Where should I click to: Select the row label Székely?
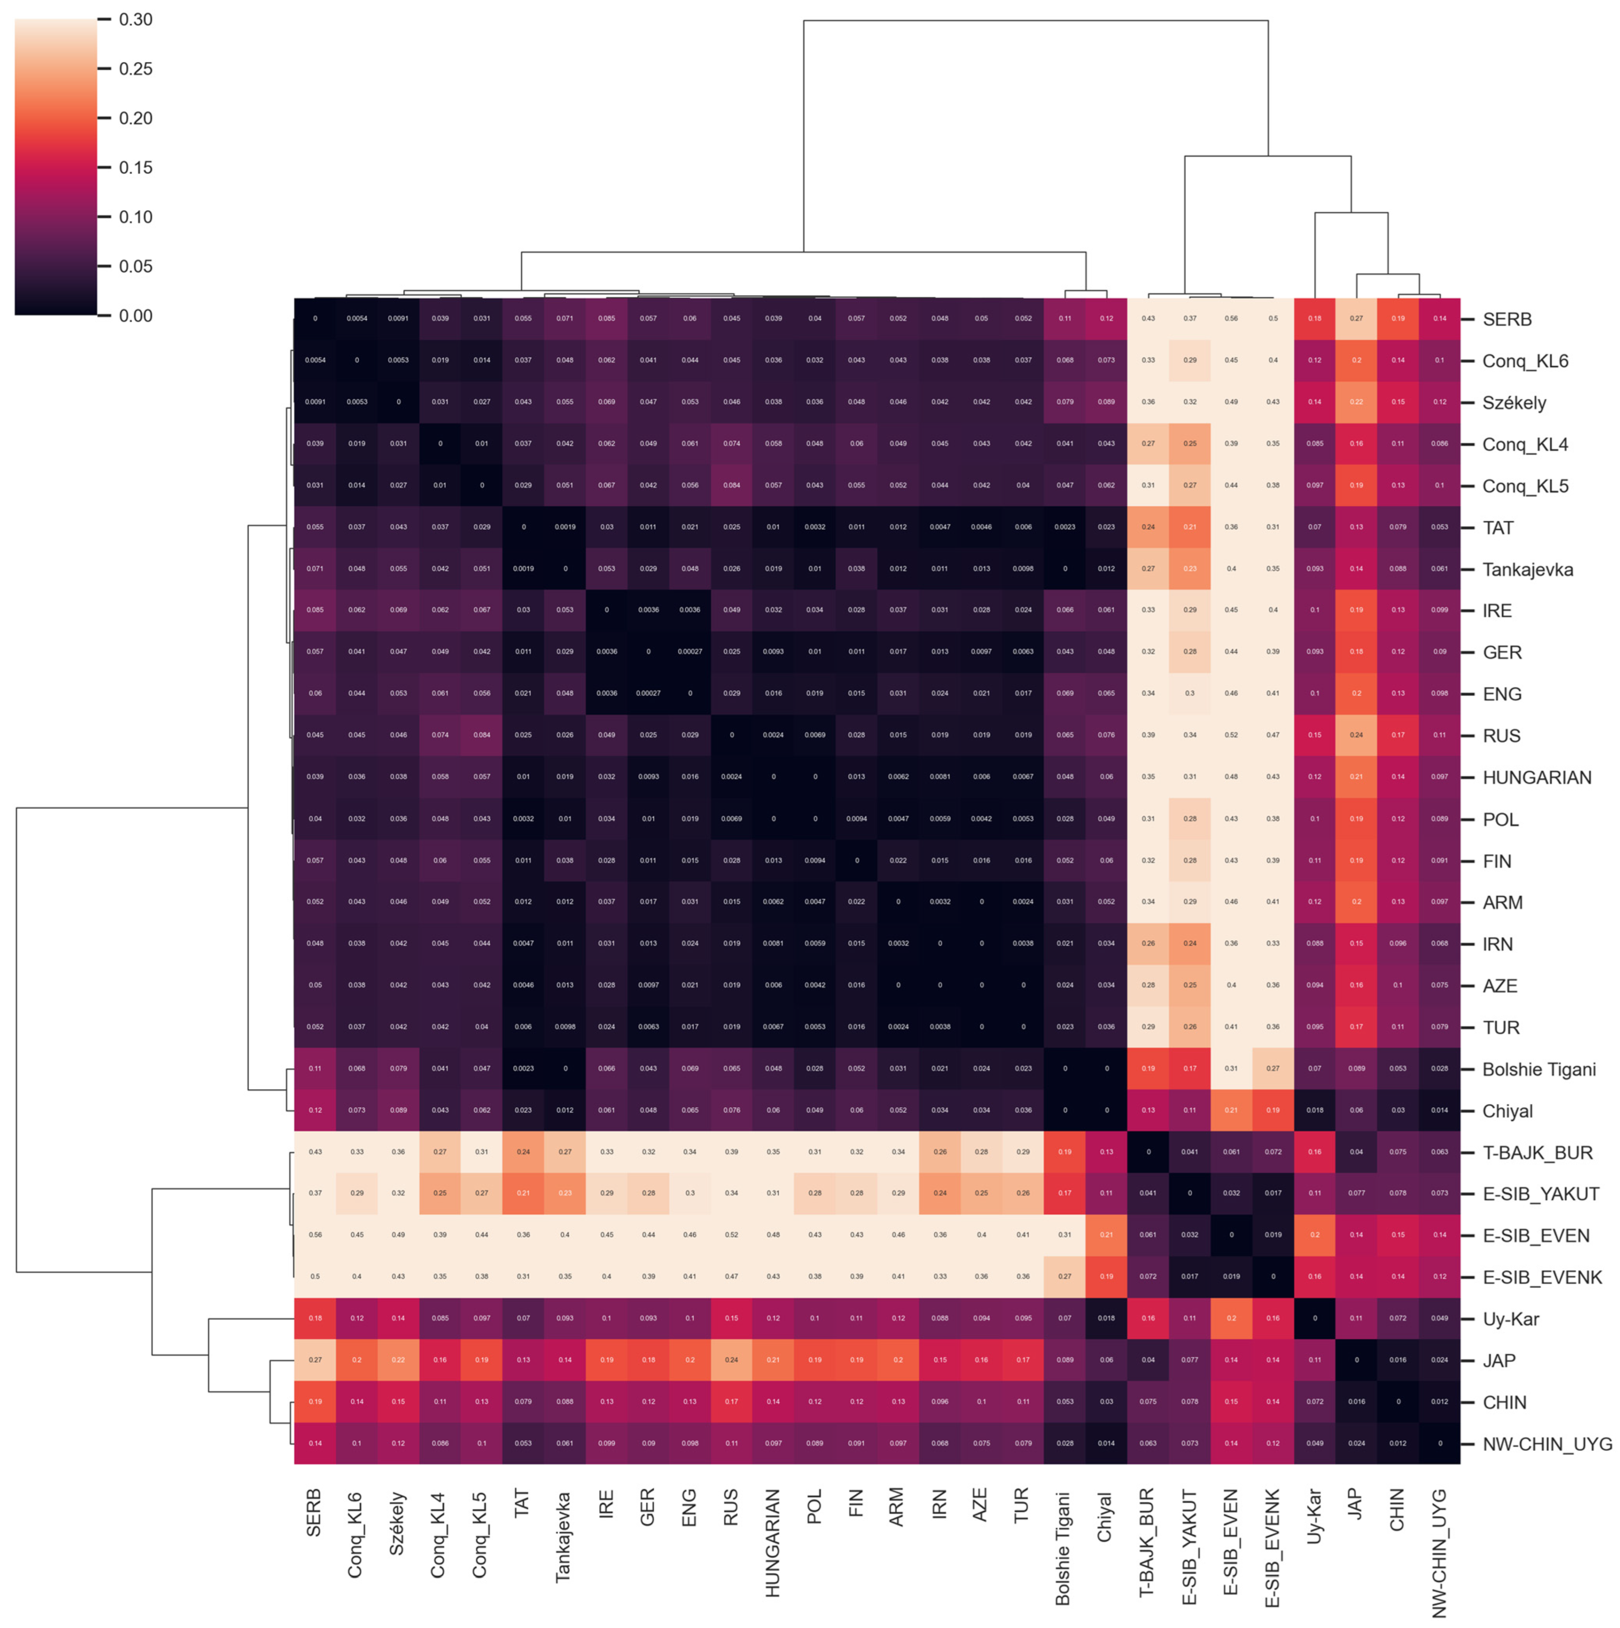[1514, 403]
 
